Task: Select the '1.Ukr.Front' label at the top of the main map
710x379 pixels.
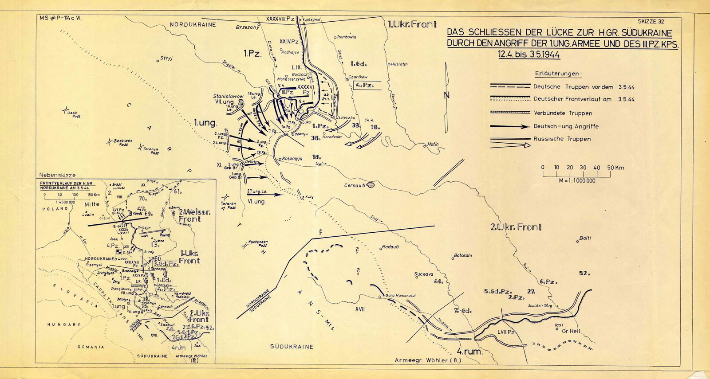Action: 412,24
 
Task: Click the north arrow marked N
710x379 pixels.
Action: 447,95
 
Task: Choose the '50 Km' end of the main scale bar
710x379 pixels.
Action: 616,168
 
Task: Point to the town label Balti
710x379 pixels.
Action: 585,238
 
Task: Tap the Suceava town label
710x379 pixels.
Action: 423,274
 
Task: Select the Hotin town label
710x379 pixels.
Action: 433,145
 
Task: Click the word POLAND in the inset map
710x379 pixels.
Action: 55,208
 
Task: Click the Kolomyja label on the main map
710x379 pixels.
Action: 292,158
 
